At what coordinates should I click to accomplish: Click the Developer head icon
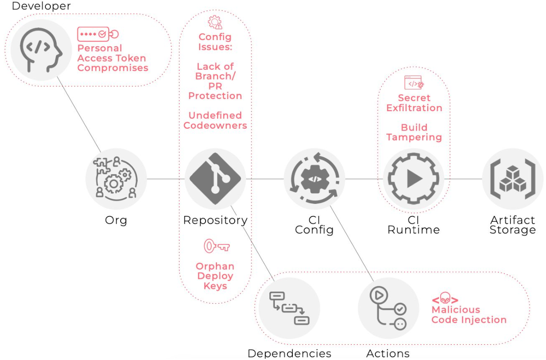click(x=41, y=50)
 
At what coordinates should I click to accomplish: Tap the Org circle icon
click(x=116, y=179)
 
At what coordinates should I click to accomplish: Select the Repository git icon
click(x=215, y=179)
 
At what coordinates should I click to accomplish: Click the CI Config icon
click(x=314, y=179)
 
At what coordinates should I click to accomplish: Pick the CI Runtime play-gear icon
click(x=413, y=179)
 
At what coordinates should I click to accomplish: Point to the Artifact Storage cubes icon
click(x=512, y=179)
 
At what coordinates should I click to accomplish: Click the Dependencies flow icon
click(x=289, y=308)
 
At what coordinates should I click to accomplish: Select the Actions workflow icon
click(x=388, y=308)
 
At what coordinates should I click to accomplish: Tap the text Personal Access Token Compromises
click(x=112, y=58)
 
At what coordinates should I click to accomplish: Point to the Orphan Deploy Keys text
click(x=215, y=276)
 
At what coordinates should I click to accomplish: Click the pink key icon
click(x=216, y=246)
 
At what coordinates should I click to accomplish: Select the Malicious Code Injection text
click(x=469, y=315)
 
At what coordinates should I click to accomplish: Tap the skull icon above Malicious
click(x=445, y=298)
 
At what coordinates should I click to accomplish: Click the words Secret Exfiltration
click(x=414, y=103)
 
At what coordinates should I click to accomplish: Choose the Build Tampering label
click(x=414, y=132)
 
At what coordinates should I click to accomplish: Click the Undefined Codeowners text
click(x=215, y=121)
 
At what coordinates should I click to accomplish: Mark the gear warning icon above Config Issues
click(x=215, y=22)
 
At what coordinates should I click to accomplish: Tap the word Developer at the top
click(x=41, y=6)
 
